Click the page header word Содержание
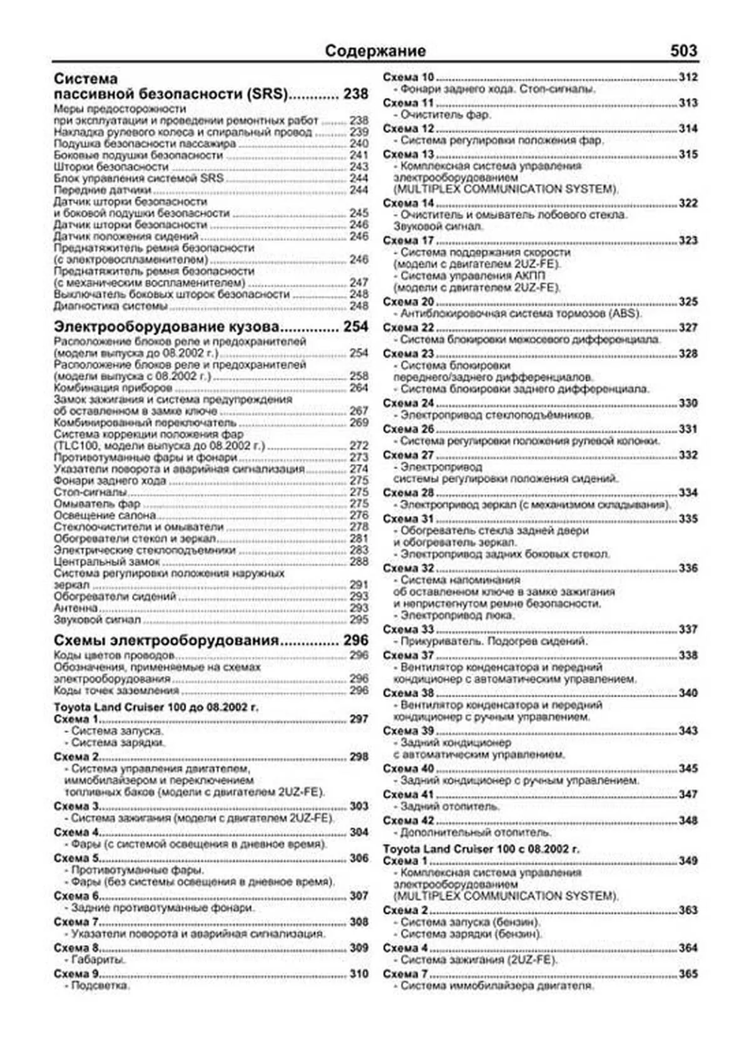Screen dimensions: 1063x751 pos(375,51)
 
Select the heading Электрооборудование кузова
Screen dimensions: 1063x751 pos(166,327)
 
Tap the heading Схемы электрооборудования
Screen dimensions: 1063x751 pos(166,641)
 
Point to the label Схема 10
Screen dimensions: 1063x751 pos(408,78)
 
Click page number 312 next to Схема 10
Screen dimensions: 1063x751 pos(688,78)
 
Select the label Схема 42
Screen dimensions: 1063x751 pos(408,821)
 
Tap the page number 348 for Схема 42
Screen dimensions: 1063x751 pos(688,821)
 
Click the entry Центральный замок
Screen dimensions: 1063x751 pos(106,562)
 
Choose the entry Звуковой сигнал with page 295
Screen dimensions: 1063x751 pos(97,620)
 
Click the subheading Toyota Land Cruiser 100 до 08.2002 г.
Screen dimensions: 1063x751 pos(156,707)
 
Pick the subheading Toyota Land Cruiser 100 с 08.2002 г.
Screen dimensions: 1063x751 pos(481,849)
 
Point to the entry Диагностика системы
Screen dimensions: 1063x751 pos(110,306)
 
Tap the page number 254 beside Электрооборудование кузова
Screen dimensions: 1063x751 pos(355,327)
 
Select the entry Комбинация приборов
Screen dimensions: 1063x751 pos(113,388)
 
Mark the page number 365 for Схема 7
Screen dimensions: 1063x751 pos(688,974)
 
